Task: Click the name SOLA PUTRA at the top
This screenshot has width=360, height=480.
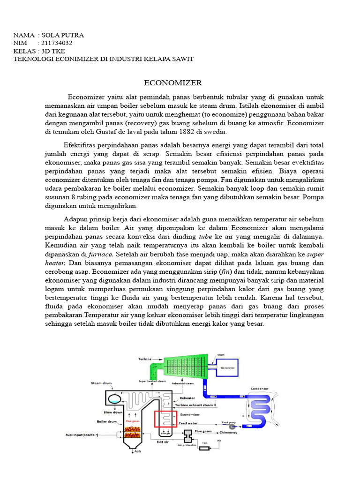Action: coord(63,35)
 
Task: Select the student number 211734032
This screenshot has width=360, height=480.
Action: coord(57,43)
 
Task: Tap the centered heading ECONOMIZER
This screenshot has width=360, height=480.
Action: coord(173,83)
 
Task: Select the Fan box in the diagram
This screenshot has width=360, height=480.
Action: coord(204,448)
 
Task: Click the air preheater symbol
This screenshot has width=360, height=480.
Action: coord(188,437)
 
